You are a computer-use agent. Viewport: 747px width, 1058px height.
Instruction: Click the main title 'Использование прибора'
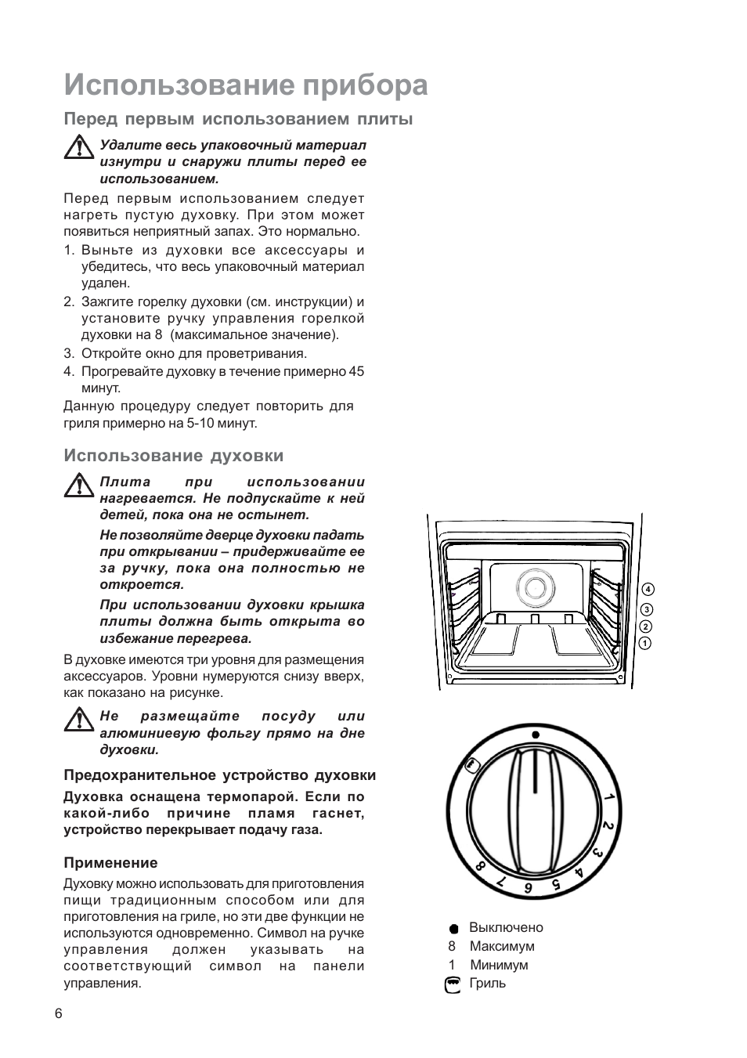(x=246, y=85)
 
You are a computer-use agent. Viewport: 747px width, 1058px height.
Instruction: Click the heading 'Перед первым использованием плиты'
(x=238, y=119)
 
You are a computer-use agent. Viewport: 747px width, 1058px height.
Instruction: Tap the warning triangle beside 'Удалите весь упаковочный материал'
(x=78, y=147)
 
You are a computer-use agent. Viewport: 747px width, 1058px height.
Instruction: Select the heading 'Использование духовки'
(x=173, y=455)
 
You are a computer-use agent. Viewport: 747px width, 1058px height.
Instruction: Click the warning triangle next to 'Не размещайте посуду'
(x=78, y=718)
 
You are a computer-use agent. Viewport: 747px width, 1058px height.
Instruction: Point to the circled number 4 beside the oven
(x=647, y=589)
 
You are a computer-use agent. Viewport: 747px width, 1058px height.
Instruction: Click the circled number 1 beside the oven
(x=646, y=644)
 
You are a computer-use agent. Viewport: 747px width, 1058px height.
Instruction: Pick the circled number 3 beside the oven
(x=647, y=609)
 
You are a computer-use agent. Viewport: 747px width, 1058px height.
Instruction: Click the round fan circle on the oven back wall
(x=533, y=587)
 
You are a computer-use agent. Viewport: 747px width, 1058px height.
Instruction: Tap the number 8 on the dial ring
(x=481, y=867)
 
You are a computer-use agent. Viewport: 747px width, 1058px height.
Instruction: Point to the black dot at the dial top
(x=536, y=735)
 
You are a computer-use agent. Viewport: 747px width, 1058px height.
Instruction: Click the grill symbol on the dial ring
(x=471, y=765)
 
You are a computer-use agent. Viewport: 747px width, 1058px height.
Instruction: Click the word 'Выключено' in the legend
(x=506, y=927)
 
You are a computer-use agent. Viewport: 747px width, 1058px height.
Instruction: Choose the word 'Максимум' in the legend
(x=502, y=946)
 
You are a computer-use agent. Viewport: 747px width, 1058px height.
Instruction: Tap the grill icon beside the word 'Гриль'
(x=453, y=984)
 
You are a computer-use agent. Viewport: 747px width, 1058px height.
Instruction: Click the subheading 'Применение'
(x=110, y=862)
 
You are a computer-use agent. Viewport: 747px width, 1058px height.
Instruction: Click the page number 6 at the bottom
(x=59, y=1013)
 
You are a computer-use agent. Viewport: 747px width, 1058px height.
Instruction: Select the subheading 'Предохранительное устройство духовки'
(x=219, y=775)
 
